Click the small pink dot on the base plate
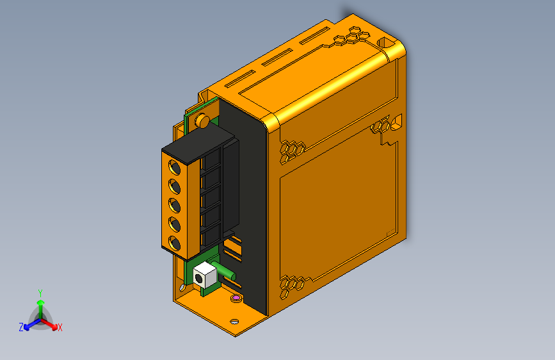pyautogui.click(x=236, y=298)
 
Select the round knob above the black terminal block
pyautogui.click(x=201, y=120)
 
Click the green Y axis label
pyautogui.click(x=40, y=292)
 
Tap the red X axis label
pyautogui.click(x=60, y=327)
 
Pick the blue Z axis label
pyautogui.click(x=21, y=327)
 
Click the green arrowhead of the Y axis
pyautogui.click(x=40, y=302)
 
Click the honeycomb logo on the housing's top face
pyautogui.click(x=350, y=35)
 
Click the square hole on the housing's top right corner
pyautogui.click(x=387, y=42)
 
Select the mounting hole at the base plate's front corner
pyautogui.click(x=234, y=320)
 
